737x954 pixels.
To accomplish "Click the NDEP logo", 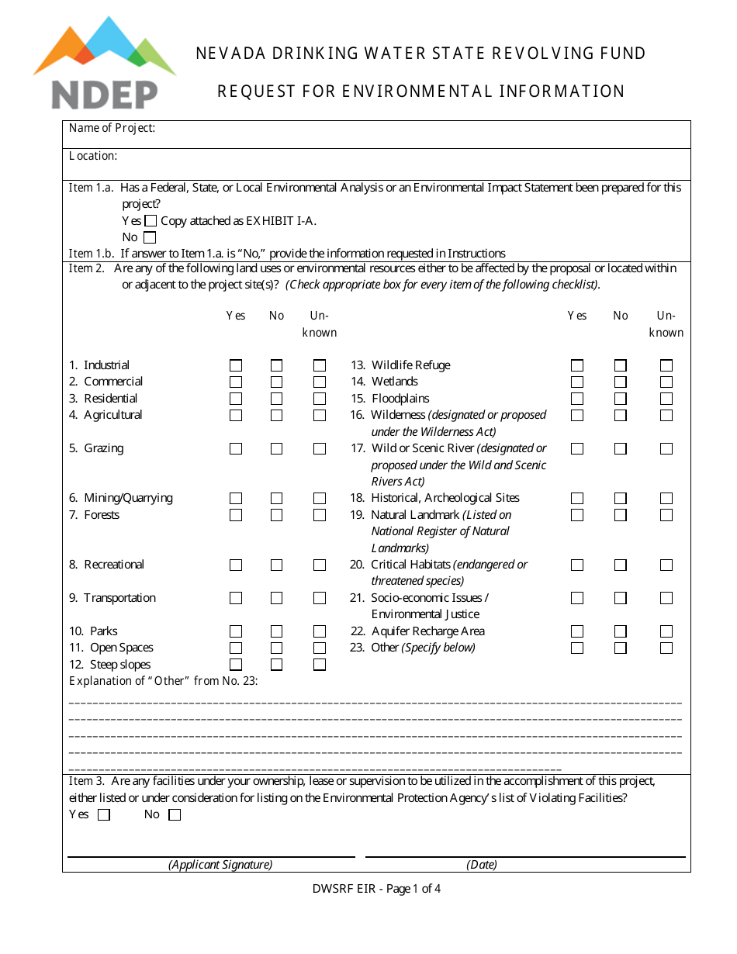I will click(x=104, y=64).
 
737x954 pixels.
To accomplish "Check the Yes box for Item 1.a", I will click(x=151, y=221).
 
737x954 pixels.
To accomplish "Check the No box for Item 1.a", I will click(x=150, y=237).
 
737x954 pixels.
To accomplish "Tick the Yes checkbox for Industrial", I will click(x=236, y=365).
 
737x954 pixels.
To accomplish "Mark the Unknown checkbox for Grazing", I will click(x=320, y=448).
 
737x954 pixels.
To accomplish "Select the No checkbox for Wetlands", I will click(x=621, y=382).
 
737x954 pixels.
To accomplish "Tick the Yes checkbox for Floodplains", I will click(x=577, y=399).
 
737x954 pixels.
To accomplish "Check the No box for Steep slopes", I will click(x=277, y=665).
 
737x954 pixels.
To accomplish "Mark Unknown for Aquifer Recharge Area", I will click(x=666, y=631).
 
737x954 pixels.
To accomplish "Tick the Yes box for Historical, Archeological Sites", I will click(x=577, y=498).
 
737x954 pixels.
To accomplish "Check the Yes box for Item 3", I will click(x=104, y=815).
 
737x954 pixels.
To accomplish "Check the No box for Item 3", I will click(x=175, y=815).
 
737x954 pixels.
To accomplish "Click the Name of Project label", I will click(x=112, y=128).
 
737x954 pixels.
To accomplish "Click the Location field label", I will click(x=93, y=156).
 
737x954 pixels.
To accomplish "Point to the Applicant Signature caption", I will click(x=220, y=865).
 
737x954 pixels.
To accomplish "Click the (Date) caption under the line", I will click(x=482, y=865).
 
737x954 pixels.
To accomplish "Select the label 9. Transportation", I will click(x=113, y=598).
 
